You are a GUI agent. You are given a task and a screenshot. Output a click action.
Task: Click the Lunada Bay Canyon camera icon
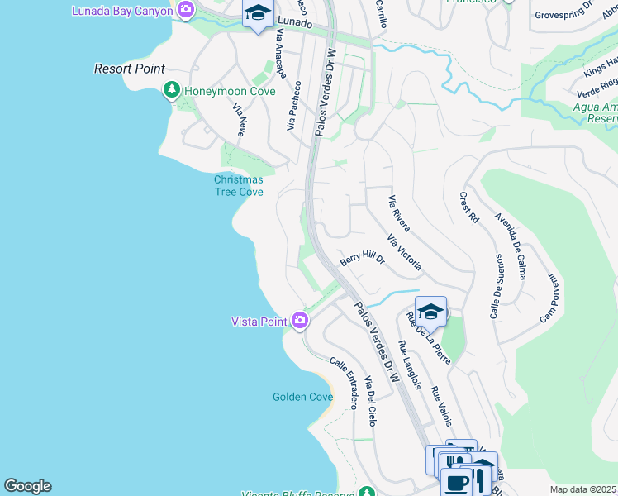(x=186, y=11)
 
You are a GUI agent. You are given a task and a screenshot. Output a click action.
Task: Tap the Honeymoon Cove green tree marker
(x=172, y=90)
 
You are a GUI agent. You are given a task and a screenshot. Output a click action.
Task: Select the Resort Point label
(x=130, y=69)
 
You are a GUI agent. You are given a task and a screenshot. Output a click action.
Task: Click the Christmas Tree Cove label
(x=238, y=186)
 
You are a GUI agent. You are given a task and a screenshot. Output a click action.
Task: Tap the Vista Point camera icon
(x=299, y=321)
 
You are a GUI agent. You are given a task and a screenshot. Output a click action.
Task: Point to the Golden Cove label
(x=302, y=397)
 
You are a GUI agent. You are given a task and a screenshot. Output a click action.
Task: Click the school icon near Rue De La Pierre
(x=430, y=312)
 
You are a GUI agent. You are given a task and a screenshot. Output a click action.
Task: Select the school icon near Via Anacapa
(x=258, y=14)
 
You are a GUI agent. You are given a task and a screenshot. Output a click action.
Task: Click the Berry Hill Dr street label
(x=362, y=259)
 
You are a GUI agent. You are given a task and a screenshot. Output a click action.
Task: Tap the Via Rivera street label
(x=399, y=213)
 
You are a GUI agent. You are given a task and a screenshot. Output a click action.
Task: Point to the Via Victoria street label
(x=405, y=253)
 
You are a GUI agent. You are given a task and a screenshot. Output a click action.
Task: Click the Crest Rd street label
(x=468, y=207)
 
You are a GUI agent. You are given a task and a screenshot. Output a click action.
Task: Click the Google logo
(x=27, y=486)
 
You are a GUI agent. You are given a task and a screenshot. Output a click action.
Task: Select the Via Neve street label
(x=240, y=120)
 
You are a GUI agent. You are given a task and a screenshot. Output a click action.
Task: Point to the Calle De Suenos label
(x=497, y=285)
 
